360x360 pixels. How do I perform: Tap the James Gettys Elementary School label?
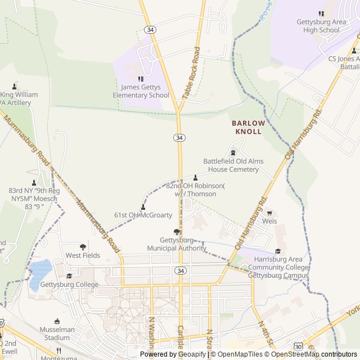[x=145, y=91]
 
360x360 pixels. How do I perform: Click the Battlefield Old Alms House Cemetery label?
[x=233, y=165]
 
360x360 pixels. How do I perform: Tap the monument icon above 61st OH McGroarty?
[x=143, y=206]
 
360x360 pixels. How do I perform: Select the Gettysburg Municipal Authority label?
[x=177, y=244]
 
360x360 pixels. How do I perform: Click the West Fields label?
[x=83, y=255]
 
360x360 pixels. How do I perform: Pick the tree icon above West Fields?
[x=83, y=246]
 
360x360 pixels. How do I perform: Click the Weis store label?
[x=270, y=222]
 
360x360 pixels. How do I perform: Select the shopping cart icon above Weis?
[x=270, y=213]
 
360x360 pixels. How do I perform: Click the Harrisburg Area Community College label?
[x=278, y=267]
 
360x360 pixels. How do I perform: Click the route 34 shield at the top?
[x=150, y=29]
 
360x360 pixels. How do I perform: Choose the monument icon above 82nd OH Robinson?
[x=195, y=177]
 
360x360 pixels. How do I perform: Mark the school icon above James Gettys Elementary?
[x=141, y=79]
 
